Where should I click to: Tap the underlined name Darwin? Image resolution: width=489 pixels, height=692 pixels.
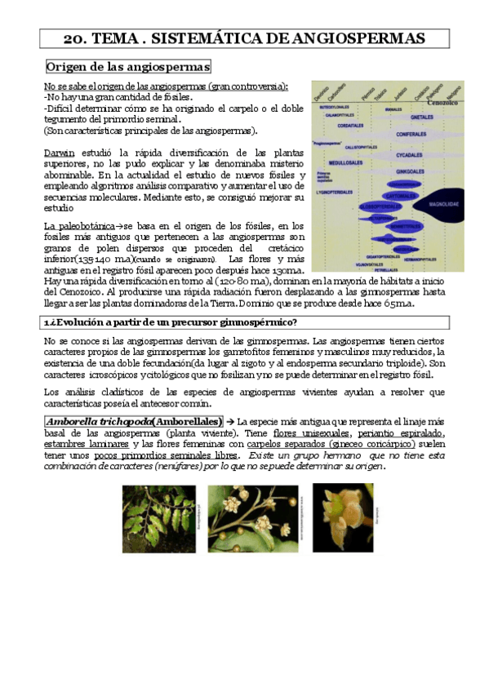pyautogui.click(x=59, y=152)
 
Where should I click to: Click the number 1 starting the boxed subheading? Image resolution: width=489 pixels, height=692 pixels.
pyautogui.click(x=47, y=322)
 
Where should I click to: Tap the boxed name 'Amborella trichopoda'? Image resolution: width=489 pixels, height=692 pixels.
pyautogui.click(x=99, y=420)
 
